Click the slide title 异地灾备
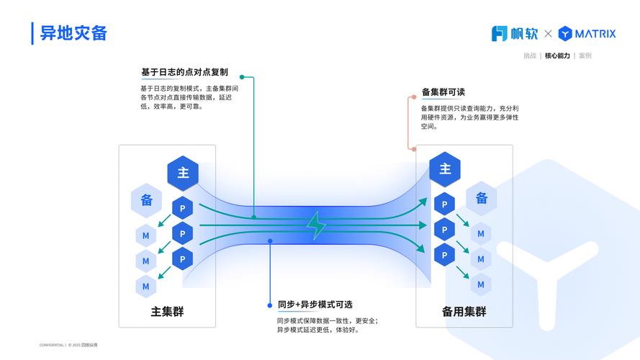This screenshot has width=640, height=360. (73, 33)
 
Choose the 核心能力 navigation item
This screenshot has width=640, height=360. (556, 55)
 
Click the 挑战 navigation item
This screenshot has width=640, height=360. (529, 55)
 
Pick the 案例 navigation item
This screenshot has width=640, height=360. (585, 55)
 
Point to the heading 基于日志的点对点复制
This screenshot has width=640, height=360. (184, 72)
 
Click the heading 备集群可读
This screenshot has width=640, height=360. (443, 92)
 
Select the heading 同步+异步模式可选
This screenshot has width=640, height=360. (315, 305)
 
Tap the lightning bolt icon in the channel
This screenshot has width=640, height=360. (316, 225)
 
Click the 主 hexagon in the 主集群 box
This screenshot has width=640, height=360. (183, 173)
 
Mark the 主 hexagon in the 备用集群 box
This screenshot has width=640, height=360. (445, 169)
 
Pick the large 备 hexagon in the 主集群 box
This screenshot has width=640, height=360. (146, 200)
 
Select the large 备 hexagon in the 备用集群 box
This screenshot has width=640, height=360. (481, 198)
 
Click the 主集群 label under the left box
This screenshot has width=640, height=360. (167, 312)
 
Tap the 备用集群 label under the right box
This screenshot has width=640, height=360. (464, 312)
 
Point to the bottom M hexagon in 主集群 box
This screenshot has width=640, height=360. (145, 286)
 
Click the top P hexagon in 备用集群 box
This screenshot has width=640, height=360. (444, 204)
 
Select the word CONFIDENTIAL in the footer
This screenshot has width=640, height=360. (51, 345)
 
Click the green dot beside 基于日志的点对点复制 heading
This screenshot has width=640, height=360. (243, 76)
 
